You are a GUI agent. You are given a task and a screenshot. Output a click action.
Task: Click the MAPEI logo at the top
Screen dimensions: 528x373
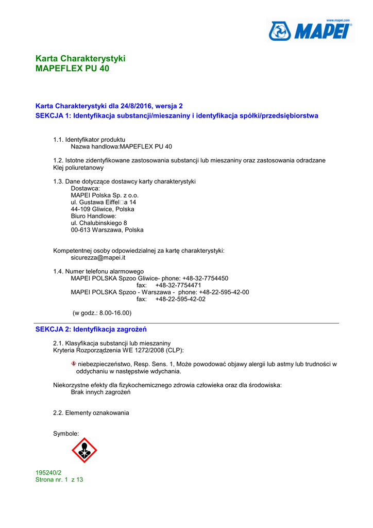(310, 31)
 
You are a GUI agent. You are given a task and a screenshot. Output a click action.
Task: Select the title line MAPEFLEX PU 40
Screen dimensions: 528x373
(72, 68)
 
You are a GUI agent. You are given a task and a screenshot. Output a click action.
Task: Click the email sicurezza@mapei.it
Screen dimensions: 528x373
(98, 258)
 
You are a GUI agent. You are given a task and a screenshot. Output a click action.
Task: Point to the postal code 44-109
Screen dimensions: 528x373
(81, 209)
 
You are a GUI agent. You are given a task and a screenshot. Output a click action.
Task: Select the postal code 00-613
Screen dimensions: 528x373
(81, 230)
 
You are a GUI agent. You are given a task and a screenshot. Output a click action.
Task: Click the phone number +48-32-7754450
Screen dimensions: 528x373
(205, 278)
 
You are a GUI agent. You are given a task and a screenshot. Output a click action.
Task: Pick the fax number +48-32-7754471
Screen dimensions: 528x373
(178, 285)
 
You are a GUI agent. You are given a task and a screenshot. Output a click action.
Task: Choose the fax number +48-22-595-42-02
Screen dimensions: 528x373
(180, 299)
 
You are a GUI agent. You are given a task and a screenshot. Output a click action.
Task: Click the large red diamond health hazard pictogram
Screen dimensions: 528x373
(84, 450)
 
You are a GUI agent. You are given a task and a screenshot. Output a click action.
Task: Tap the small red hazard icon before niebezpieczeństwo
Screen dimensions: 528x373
(74, 364)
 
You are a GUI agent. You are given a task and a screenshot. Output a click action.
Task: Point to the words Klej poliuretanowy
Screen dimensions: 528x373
(78, 168)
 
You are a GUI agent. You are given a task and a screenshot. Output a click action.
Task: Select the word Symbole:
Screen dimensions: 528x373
(66, 434)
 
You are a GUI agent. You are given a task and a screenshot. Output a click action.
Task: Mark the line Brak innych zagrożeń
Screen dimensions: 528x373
(100, 392)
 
